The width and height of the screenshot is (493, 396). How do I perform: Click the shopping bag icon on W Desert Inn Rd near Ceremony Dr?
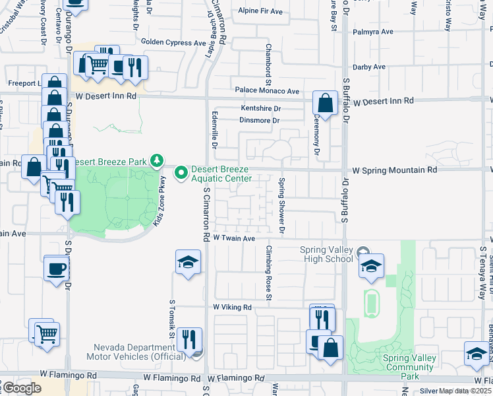click(x=325, y=103)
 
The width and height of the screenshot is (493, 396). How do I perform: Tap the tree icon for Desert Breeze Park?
click(x=157, y=160)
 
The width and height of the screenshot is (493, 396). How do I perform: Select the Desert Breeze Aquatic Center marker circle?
click(x=180, y=173)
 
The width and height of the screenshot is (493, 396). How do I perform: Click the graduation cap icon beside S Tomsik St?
click(x=188, y=262)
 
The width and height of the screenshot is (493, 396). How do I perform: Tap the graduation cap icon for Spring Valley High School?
click(x=371, y=265)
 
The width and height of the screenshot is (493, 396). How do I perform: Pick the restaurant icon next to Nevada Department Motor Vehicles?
click(x=189, y=339)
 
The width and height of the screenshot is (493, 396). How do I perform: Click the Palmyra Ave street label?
click(x=373, y=31)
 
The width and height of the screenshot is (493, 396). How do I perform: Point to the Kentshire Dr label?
click(x=261, y=108)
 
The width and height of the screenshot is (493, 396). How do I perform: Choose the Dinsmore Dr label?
click(x=260, y=121)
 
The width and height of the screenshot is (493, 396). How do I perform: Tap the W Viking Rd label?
click(x=232, y=308)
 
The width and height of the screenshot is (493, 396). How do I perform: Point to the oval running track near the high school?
click(x=371, y=303)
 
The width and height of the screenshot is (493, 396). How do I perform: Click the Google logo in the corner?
click(x=22, y=387)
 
